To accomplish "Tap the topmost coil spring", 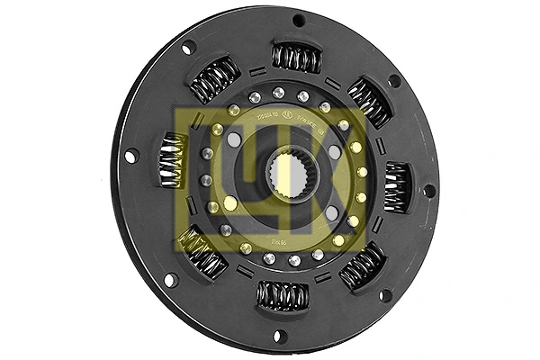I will click(x=296, y=58).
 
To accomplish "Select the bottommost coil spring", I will click(x=283, y=294).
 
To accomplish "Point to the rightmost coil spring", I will click(x=396, y=186).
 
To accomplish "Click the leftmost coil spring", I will click(x=173, y=160).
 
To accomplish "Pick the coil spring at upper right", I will click(x=369, y=102).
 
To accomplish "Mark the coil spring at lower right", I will click(x=363, y=265).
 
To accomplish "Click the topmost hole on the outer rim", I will click(x=299, y=20).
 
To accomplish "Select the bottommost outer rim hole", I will click(x=278, y=336).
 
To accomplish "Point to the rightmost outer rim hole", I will click(x=428, y=191).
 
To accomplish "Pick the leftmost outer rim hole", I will click(x=131, y=156).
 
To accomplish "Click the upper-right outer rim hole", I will click(x=394, y=81).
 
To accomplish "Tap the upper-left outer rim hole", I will click(x=188, y=48).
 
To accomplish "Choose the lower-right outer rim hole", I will click(x=385, y=294).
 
